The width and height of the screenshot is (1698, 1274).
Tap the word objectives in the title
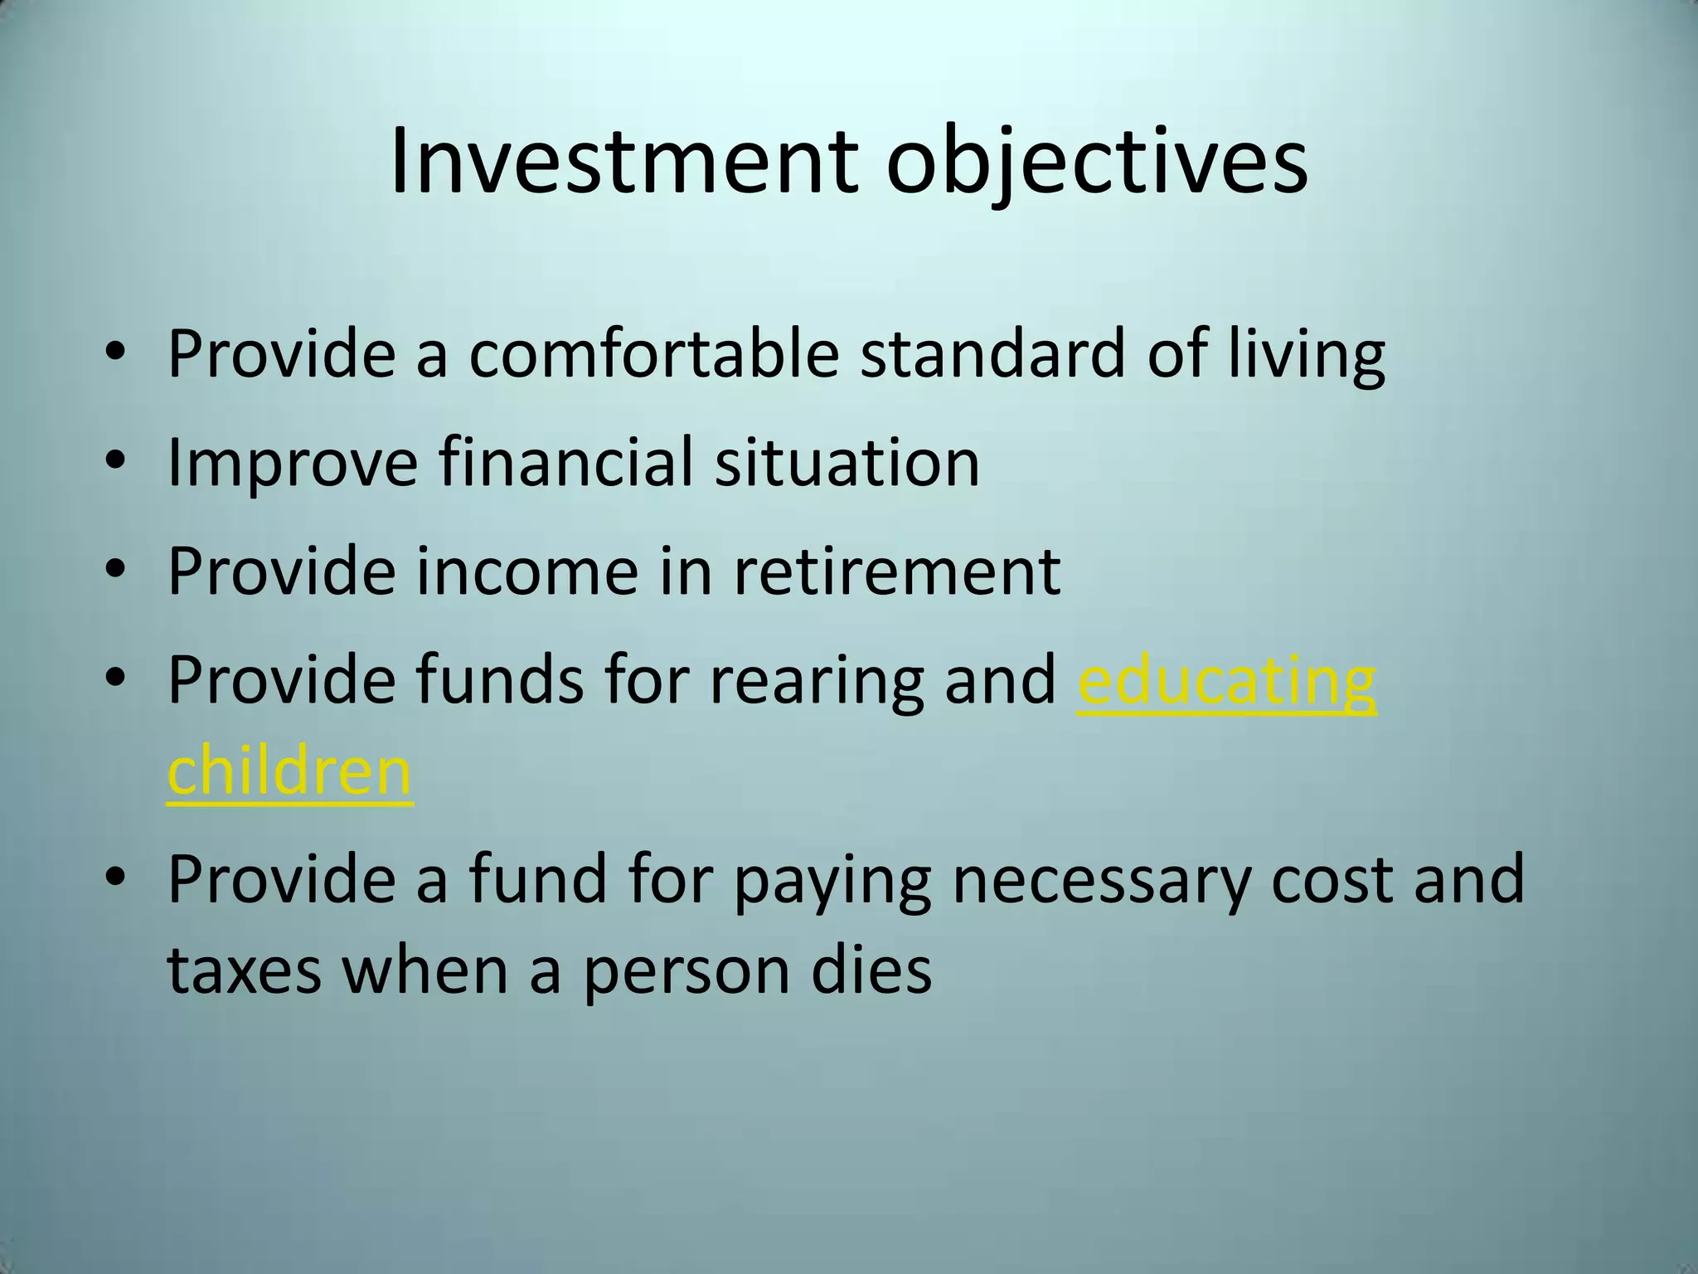click(1096, 164)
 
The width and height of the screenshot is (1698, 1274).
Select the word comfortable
click(654, 353)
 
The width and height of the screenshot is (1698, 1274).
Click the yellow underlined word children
click(289, 770)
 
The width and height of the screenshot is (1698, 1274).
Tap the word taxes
click(244, 970)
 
